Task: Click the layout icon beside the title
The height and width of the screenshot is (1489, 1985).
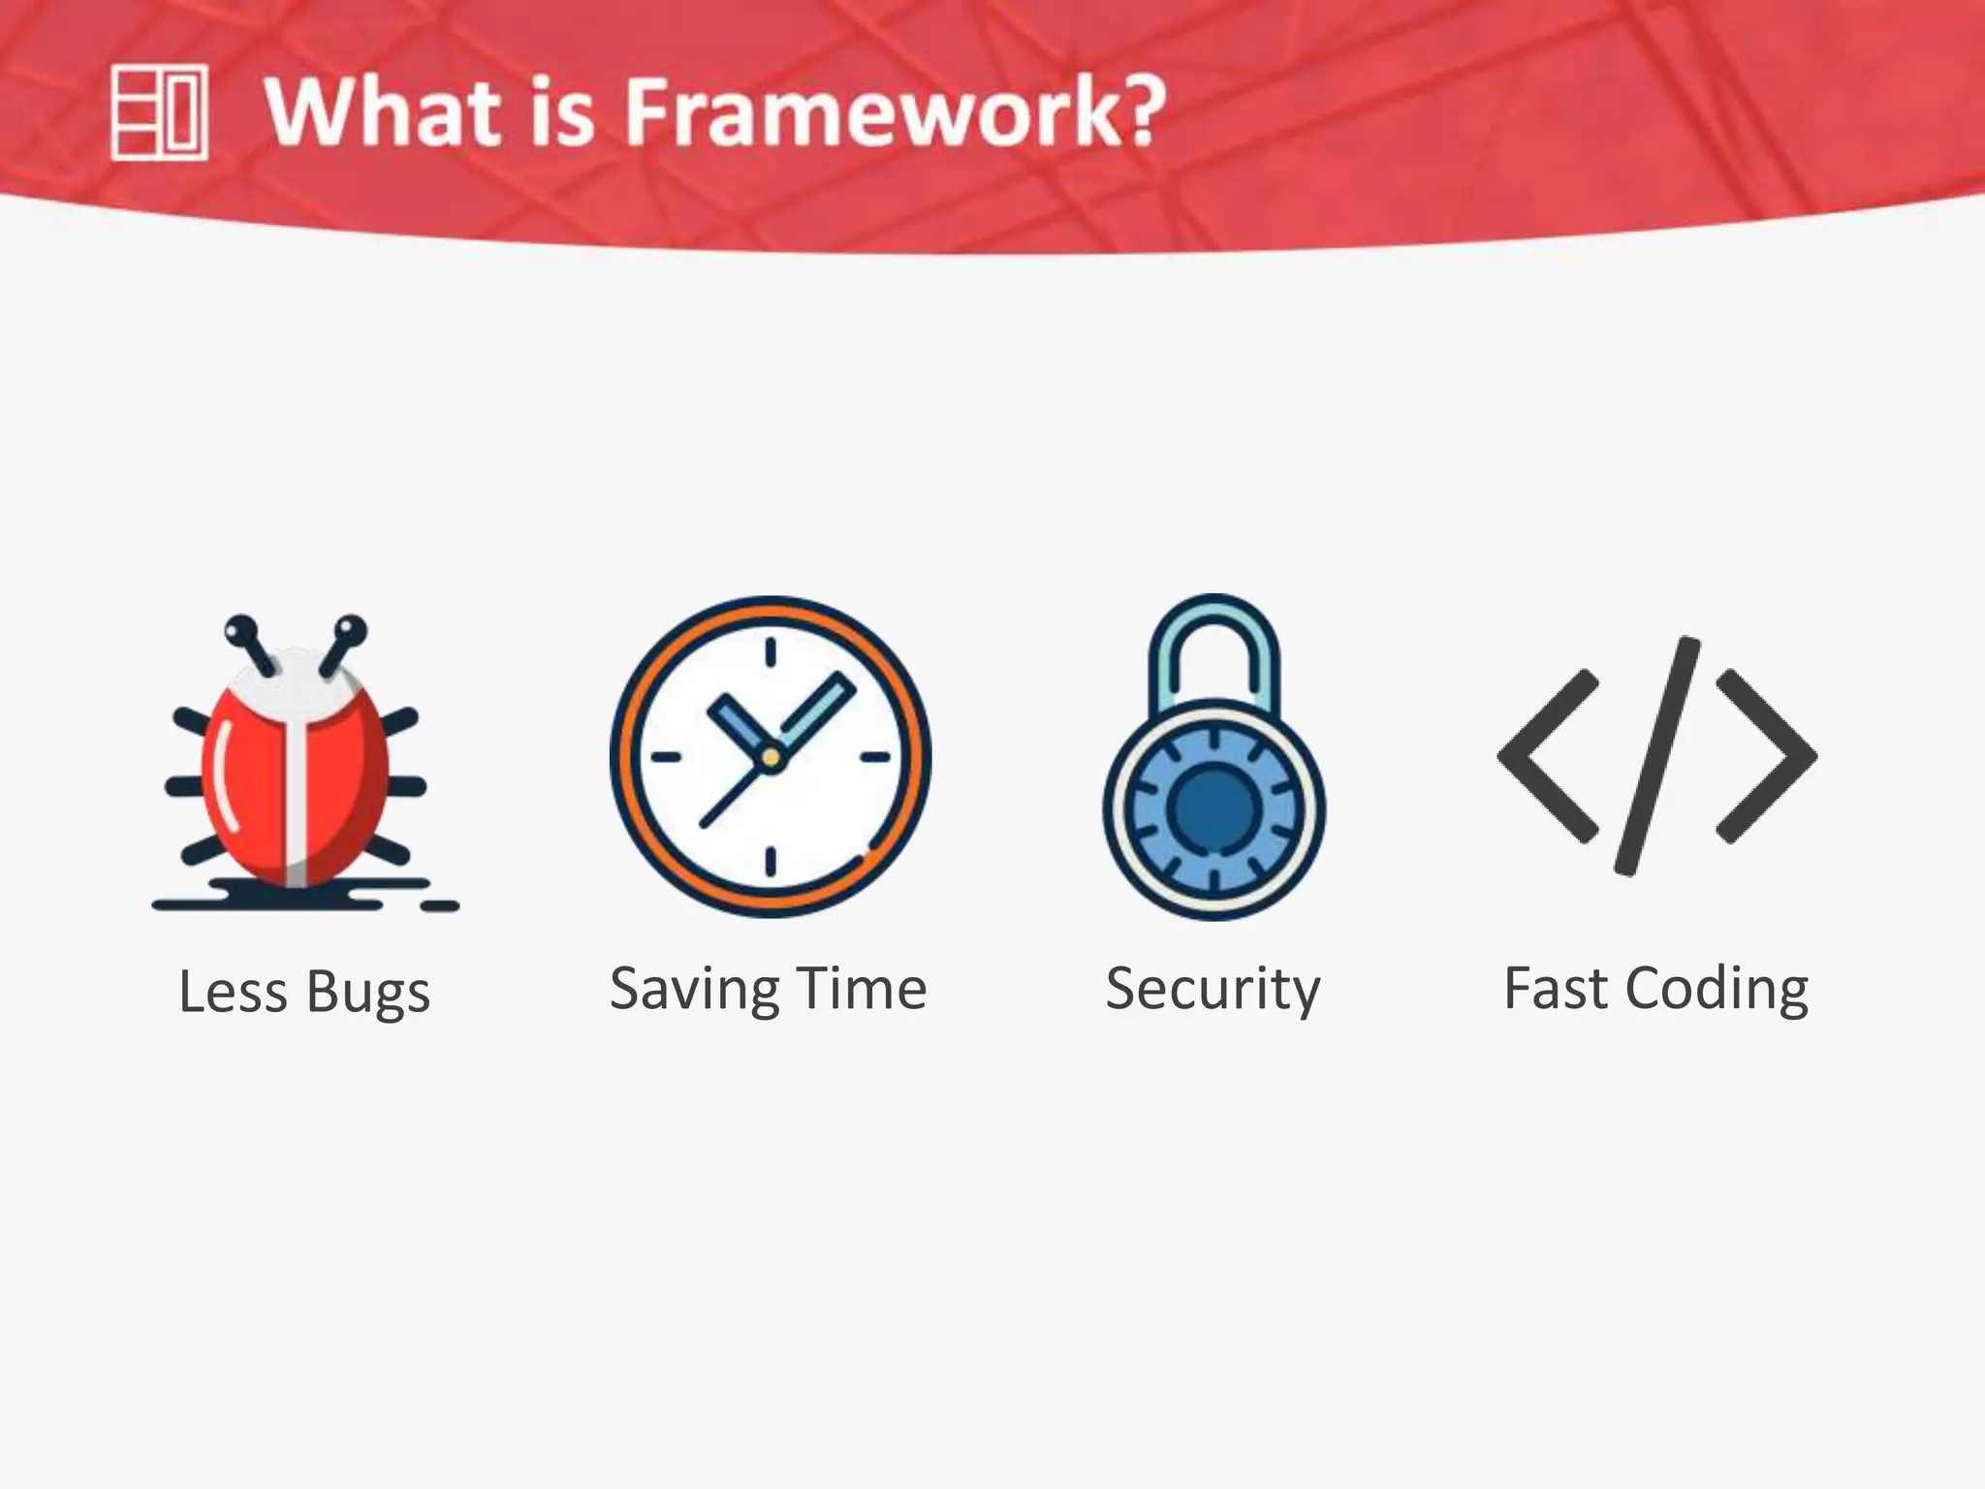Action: coord(159,112)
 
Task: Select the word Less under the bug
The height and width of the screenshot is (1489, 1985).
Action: coord(233,992)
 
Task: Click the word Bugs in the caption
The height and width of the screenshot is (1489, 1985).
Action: coord(367,994)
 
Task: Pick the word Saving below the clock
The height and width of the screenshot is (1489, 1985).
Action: coord(694,990)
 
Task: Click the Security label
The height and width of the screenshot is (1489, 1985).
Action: coord(1213,990)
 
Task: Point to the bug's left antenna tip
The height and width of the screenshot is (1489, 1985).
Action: coord(240,631)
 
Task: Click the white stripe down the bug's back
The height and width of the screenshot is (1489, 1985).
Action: coord(297,795)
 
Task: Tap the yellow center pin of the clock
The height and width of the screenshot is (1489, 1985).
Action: coord(771,757)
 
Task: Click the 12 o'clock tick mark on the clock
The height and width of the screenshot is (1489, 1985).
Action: coord(771,652)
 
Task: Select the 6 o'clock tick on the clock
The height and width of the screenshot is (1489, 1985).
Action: coord(771,861)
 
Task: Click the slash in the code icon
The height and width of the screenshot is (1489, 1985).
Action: coord(1657,756)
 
